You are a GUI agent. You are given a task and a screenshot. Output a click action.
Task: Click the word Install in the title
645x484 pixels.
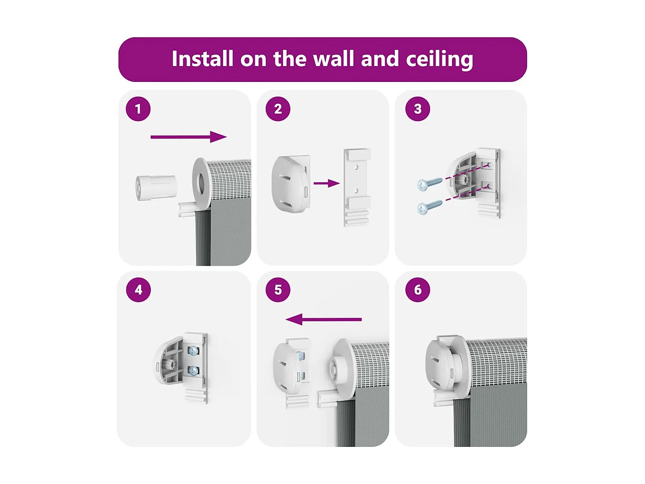click(x=202, y=59)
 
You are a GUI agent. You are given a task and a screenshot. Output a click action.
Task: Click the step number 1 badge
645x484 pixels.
click(x=138, y=109)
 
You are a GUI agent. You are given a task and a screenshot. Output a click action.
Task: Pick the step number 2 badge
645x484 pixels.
click(x=278, y=109)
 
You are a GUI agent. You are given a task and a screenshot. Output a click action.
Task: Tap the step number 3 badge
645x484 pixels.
click(x=418, y=109)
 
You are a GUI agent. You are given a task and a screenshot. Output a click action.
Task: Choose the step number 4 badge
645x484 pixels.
click(x=138, y=290)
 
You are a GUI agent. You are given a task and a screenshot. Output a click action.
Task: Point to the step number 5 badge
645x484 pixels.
click(x=278, y=290)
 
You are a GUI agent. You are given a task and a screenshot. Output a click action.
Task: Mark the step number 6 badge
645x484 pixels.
click(x=418, y=290)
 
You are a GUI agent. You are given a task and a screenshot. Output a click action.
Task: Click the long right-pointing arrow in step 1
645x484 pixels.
click(x=189, y=137)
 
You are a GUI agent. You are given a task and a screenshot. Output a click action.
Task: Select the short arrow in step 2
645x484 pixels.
click(x=327, y=184)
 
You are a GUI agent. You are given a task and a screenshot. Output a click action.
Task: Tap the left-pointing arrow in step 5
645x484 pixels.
click(x=324, y=319)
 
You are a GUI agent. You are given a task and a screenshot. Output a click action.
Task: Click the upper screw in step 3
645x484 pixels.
click(x=430, y=184)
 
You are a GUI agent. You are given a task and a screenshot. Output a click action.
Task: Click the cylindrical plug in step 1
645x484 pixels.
click(x=156, y=188)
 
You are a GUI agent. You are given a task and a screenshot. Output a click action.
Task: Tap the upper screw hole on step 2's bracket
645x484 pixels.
click(x=356, y=167)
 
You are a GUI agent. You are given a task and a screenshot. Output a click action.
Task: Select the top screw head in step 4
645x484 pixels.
click(x=193, y=350)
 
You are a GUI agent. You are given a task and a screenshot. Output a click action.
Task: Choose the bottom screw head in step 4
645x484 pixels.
click(x=193, y=371)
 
